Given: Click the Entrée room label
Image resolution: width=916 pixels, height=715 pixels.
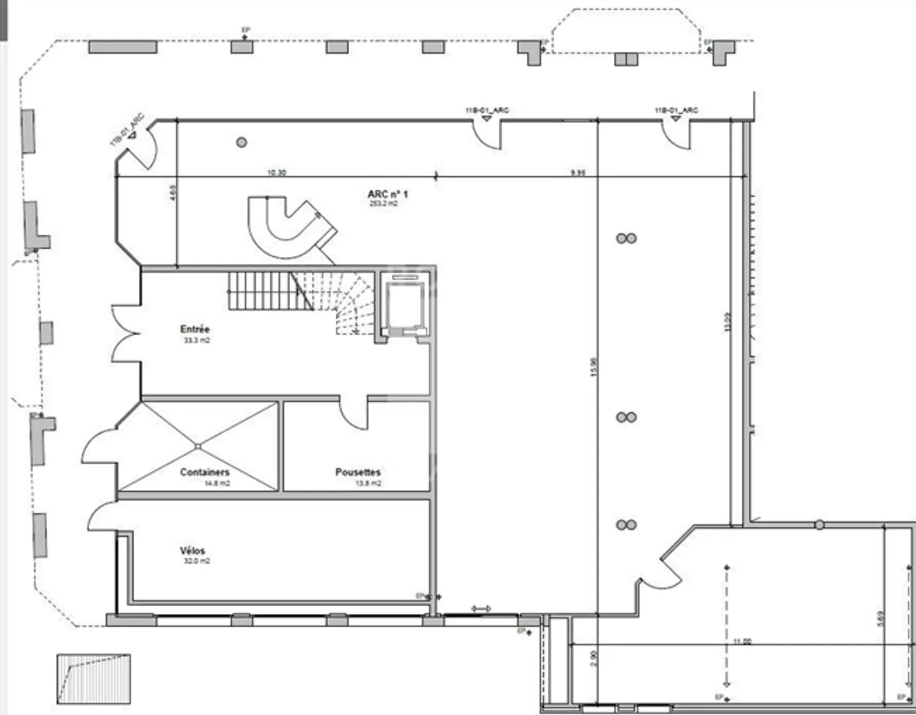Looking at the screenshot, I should [x=195, y=329].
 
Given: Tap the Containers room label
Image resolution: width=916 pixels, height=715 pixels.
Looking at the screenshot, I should [x=204, y=472].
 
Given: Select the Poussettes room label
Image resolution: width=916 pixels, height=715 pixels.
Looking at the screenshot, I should [x=358, y=472].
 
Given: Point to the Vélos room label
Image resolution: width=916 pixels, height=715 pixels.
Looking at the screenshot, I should [x=192, y=551].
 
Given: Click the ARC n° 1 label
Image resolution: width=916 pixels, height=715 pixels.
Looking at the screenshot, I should [x=387, y=194].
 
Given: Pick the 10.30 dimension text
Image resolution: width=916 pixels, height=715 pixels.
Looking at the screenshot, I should [x=277, y=172].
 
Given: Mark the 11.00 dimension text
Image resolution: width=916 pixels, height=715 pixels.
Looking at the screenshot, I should [x=742, y=641].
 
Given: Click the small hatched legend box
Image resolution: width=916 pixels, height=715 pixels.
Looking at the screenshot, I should [x=94, y=679].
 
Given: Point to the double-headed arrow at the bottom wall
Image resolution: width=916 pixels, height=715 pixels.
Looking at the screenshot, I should [x=481, y=609].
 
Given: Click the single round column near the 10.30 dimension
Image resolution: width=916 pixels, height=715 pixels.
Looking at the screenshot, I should [x=242, y=142].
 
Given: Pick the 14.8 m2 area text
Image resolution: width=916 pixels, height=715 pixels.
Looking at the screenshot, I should [x=217, y=483].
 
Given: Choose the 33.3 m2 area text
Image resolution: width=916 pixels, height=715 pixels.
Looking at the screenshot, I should [x=197, y=340].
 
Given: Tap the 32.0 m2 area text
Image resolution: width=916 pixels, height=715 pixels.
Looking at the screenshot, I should [x=197, y=561].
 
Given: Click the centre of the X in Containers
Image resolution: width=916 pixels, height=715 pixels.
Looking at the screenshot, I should [x=198, y=447].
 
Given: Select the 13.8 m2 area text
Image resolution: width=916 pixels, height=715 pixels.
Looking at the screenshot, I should [x=368, y=483].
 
